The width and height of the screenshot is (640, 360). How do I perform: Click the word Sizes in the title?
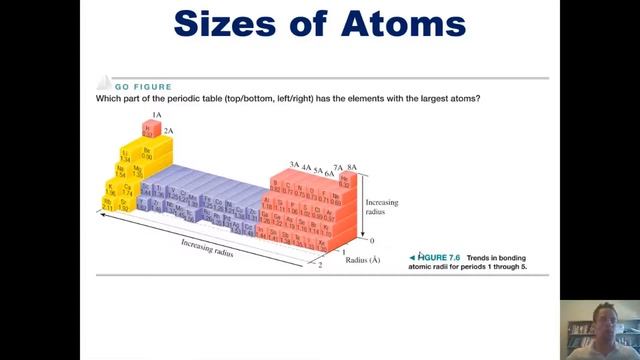click(x=231, y=24)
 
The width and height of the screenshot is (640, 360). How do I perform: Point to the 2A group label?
click(x=169, y=131)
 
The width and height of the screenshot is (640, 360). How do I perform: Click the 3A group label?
click(x=294, y=163)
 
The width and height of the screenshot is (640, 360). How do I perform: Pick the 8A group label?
click(x=352, y=167)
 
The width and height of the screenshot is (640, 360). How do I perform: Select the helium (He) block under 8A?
click(x=344, y=182)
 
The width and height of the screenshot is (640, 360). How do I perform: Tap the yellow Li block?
click(x=125, y=155)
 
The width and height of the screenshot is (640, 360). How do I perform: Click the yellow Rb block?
click(x=107, y=204)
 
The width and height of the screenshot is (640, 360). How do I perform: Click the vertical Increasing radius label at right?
click(x=381, y=207)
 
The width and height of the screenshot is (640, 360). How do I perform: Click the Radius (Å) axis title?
click(x=362, y=260)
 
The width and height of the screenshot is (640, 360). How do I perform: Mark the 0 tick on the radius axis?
click(x=372, y=241)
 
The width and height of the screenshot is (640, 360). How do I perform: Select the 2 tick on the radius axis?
click(x=320, y=265)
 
